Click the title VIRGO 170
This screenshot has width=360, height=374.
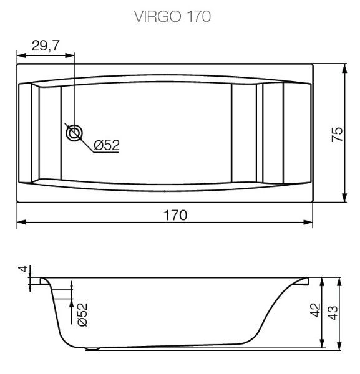pyautogui.click(x=172, y=16)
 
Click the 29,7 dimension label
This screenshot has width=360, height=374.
pyautogui.click(x=46, y=46)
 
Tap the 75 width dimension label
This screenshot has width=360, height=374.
pyautogui.click(x=337, y=135)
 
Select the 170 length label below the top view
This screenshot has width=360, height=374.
pyautogui.click(x=175, y=215)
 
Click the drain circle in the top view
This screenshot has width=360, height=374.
pyautogui.click(x=74, y=133)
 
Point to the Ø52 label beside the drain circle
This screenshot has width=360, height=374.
pyautogui.click(x=107, y=145)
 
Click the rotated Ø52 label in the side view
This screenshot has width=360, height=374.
pyautogui.click(x=82, y=314)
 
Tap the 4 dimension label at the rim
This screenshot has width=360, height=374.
pyautogui.click(x=23, y=269)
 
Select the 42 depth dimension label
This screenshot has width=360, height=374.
pyautogui.click(x=315, y=310)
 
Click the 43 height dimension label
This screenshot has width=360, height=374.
pyautogui.click(x=333, y=312)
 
